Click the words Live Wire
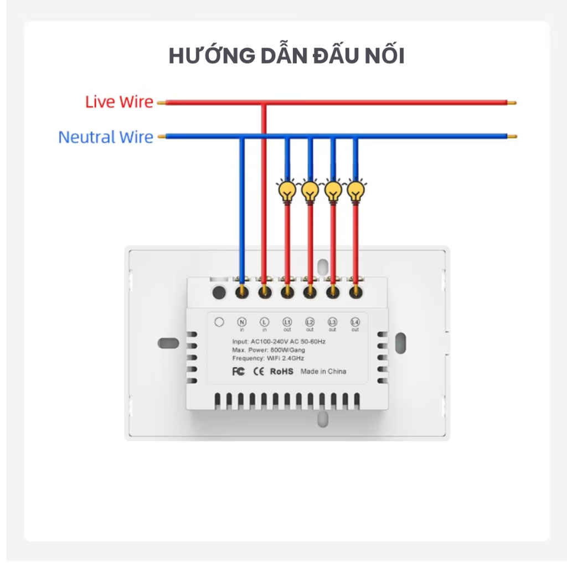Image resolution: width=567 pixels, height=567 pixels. tap(119, 102)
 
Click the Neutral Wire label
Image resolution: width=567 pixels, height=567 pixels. tap(106, 137)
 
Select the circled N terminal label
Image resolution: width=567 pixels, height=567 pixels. tap(241, 322)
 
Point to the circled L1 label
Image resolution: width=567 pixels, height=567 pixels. tap(287, 322)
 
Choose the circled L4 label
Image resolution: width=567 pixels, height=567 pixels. tap(355, 322)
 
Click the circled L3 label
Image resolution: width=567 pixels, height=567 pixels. tap(332, 322)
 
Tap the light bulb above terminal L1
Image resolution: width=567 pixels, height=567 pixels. tap(287, 192)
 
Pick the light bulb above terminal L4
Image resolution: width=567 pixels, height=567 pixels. tap(355, 192)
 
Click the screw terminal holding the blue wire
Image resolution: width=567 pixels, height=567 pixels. tap(241, 291)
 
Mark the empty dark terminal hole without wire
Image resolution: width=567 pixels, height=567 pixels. tap(219, 291)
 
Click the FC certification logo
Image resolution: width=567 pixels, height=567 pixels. tap(238, 372)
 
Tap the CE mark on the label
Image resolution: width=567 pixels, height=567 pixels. tap(257, 372)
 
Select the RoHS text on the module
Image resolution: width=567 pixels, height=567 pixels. tap(281, 372)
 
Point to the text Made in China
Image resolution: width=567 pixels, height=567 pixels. tap(323, 372)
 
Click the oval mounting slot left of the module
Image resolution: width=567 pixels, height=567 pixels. tap(168, 343)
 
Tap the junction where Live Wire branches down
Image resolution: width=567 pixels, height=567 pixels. tap(264, 102)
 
